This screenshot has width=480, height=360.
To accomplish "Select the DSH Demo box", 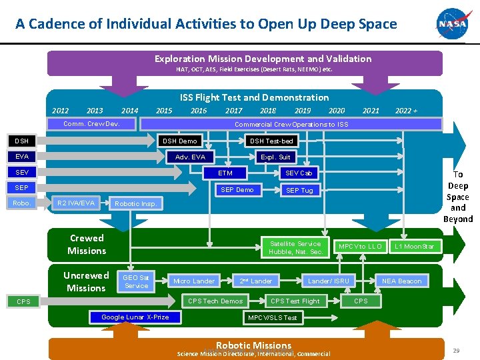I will click(180, 141).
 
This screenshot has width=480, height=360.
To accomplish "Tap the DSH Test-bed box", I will click(271, 141).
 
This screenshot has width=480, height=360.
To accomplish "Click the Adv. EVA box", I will click(190, 157).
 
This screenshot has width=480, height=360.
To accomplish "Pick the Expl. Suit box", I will click(275, 157).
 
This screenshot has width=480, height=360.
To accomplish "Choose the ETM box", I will click(225, 173).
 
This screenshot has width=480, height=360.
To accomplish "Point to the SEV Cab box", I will click(299, 173).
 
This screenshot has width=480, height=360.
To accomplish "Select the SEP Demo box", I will click(237, 190).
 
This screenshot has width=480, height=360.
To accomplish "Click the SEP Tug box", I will click(299, 191).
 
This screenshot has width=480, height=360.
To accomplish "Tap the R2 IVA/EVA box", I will click(76, 203).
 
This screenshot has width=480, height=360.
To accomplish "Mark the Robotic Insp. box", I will click(135, 203).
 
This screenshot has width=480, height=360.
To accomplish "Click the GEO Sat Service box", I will click(136, 281).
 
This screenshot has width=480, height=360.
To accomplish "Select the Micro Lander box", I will click(194, 281).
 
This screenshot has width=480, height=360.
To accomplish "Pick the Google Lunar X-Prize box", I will click(135, 317).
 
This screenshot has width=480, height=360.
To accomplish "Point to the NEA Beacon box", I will click(401, 281).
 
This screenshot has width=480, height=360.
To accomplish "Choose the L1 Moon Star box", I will click(414, 247).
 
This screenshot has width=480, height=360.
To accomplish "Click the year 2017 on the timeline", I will click(233, 111).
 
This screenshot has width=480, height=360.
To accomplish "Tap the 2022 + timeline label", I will click(406, 111).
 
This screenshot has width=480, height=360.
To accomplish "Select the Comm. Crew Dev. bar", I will click(91, 124).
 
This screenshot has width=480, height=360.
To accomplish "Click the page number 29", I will click(456, 350).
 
